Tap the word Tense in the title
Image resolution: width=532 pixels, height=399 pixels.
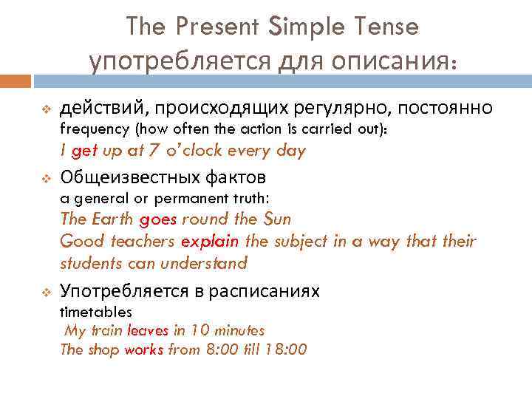click(x=383, y=27)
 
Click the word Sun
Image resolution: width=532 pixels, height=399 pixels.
click(x=277, y=219)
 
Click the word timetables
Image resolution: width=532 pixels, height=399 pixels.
click(x=96, y=312)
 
